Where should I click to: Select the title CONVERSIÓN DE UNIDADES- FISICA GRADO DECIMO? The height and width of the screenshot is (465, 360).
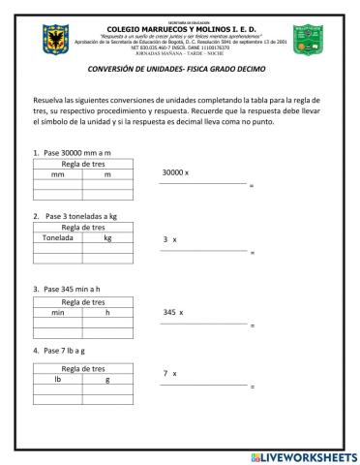pos(180,68)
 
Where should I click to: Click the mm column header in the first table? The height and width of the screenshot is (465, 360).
pos(57,174)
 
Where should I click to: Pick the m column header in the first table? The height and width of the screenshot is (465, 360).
pos(107,174)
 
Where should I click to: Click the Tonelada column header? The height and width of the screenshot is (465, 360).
pos(57,236)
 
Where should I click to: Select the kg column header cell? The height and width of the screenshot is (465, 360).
pos(107,236)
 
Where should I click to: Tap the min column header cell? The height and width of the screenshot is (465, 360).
pos(57,312)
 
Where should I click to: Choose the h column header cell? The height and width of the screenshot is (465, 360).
pos(107,312)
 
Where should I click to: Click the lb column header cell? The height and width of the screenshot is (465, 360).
pos(57,380)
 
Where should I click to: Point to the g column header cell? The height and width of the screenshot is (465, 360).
pos(107,380)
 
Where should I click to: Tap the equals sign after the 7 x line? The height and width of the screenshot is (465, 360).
pos(252,387)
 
